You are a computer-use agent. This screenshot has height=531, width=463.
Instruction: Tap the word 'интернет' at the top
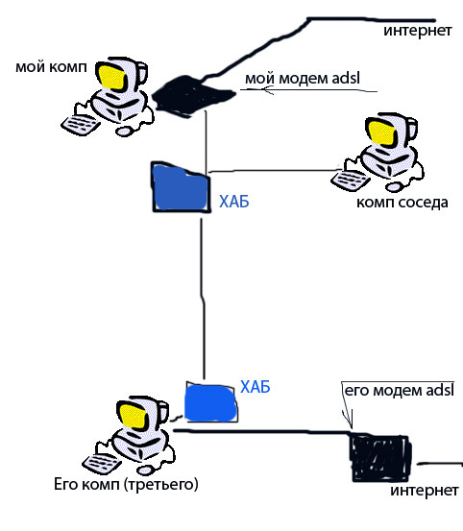[x=418, y=30]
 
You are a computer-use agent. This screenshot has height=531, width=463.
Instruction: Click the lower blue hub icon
[x=211, y=401]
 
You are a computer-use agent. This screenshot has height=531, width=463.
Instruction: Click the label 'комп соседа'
[x=402, y=202]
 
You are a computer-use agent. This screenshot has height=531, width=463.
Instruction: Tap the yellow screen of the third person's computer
[x=134, y=415]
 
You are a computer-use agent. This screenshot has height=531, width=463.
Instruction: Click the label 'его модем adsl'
[x=397, y=391]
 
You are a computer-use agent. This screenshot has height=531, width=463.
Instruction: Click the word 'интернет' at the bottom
[x=424, y=491]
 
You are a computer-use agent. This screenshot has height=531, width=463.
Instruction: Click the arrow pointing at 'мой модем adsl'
[x=317, y=93]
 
